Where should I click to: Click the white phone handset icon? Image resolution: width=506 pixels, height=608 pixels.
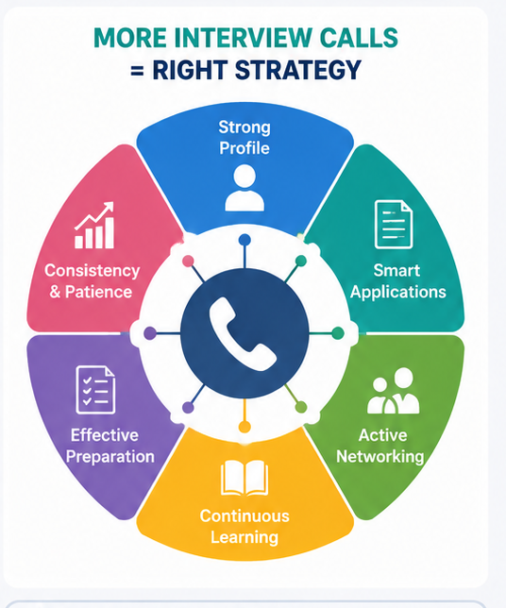242,333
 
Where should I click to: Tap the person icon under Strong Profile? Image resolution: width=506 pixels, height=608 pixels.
245,188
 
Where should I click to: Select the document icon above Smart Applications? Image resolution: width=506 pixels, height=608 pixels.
394,225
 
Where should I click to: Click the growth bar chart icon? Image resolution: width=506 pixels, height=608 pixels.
94,226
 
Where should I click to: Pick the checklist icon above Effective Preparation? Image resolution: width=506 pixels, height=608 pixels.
95,390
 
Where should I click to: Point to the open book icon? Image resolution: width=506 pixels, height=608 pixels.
245,478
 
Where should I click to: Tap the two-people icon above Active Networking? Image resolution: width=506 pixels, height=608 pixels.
393,391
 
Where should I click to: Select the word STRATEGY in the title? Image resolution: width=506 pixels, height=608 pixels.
297,70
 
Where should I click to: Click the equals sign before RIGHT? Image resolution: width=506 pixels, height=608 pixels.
137,71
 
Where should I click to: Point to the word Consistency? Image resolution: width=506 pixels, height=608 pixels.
92,271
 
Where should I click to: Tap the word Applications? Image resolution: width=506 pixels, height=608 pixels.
398,293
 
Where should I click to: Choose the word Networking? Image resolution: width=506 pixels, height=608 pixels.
380,456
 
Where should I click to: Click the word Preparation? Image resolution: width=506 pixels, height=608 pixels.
110,457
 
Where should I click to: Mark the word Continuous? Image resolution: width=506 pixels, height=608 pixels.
245,516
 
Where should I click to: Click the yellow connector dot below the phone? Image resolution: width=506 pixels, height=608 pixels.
245,427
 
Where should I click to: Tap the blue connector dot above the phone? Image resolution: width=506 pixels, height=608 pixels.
245,240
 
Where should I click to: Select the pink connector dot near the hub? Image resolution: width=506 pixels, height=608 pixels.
188,261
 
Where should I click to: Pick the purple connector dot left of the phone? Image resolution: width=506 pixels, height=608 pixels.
150,333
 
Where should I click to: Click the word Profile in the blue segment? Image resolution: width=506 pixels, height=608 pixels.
245,148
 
